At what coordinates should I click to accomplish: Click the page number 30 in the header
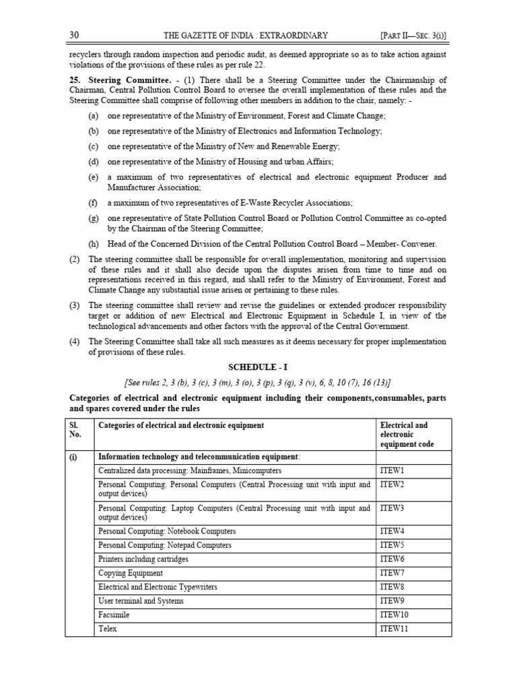[75, 35]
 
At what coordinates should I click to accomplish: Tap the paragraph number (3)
[75, 305]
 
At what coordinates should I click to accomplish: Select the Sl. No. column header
[75, 431]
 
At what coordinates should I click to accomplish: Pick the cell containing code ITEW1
[392, 470]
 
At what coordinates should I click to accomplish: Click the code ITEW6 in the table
[392, 559]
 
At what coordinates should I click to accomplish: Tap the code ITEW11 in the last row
[394, 629]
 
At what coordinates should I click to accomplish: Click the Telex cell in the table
[108, 629]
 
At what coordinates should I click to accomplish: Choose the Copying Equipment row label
[131, 573]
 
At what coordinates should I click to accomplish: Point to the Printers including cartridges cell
[143, 559]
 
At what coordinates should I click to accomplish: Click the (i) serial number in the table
[73, 456]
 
